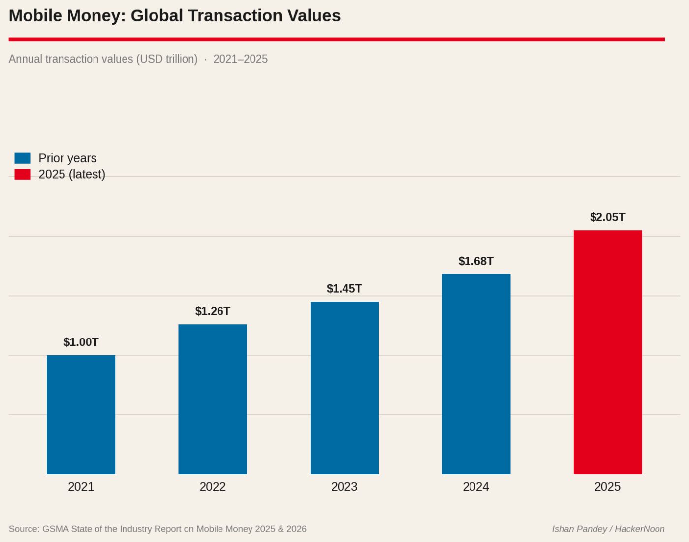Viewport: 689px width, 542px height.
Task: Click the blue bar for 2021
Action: [x=81, y=414]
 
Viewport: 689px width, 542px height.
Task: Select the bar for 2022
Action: [x=213, y=399]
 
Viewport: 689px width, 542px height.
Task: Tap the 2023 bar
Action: [x=344, y=388]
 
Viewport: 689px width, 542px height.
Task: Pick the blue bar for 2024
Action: [x=476, y=374]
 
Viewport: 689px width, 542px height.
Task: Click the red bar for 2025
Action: [x=608, y=352]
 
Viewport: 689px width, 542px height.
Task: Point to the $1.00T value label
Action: [x=81, y=342]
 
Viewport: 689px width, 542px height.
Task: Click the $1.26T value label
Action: [x=213, y=311]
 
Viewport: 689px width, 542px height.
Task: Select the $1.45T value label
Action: [x=344, y=289]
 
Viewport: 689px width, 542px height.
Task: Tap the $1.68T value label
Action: [x=476, y=261]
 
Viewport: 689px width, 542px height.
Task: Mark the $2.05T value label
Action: [x=608, y=217]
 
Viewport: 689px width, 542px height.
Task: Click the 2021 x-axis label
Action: [x=81, y=487]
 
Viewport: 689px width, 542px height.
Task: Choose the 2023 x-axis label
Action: [x=344, y=487]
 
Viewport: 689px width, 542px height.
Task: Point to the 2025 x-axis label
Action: [x=608, y=487]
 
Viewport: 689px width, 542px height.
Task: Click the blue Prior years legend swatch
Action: [x=22, y=158]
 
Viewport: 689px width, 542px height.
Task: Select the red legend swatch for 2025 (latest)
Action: [x=22, y=174]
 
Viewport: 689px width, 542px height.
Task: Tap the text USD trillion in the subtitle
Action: [x=167, y=59]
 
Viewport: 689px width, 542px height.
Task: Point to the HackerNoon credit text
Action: [x=639, y=529]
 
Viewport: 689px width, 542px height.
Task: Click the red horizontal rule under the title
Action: [x=337, y=39]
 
